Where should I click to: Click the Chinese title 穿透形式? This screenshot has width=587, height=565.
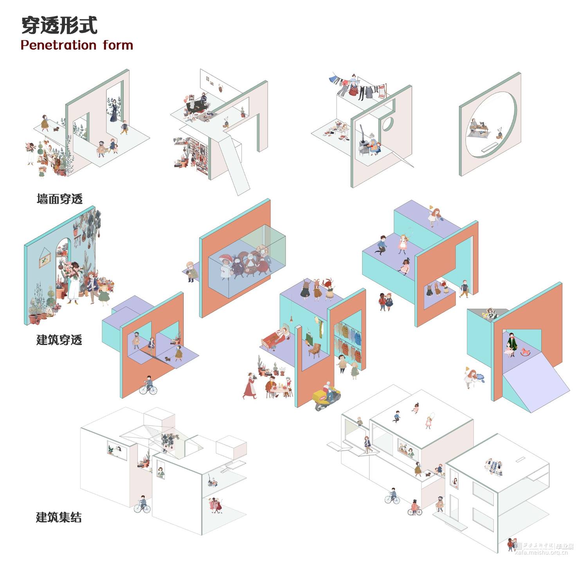pos(59,25)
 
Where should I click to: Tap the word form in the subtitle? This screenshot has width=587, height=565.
pos(118,45)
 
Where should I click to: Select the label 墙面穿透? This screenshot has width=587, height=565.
pos(59,199)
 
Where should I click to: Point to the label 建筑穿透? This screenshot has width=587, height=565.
pos(59,340)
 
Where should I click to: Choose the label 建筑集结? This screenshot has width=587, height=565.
pos(59,517)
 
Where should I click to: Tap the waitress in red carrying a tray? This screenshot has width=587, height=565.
pos(250,385)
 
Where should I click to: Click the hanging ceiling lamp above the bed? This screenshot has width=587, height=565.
pos(291,320)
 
